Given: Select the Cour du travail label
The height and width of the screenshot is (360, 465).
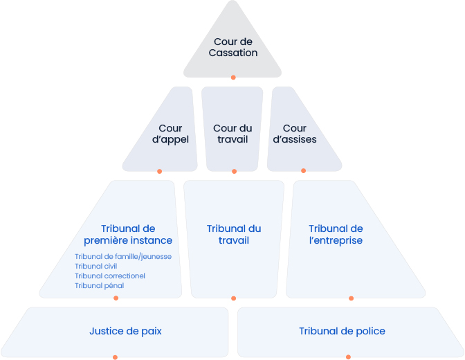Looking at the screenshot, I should point(232,134).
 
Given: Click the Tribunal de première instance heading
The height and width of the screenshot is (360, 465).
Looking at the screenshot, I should point(136,235).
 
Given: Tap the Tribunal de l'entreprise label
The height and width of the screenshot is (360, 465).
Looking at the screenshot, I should point(336,235).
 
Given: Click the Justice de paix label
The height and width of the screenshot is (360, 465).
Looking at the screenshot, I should point(126,331).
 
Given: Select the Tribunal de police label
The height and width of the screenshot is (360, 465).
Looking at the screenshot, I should point(342,331).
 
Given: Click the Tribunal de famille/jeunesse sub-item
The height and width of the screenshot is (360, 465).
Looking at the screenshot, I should point(122,256).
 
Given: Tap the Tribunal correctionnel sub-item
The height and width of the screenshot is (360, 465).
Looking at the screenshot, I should point(109,276).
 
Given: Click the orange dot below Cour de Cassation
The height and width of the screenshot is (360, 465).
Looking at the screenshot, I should point(233,78).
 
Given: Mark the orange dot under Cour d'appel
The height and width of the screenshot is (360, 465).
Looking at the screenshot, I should point(159,171).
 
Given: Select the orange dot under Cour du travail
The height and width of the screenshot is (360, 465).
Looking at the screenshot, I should point(234,171).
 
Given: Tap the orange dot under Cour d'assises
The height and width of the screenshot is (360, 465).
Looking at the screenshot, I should point(303,171).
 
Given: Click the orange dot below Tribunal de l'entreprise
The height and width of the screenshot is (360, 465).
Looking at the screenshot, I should point(352,298).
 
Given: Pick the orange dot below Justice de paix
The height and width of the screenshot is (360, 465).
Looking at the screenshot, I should point(115,357).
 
